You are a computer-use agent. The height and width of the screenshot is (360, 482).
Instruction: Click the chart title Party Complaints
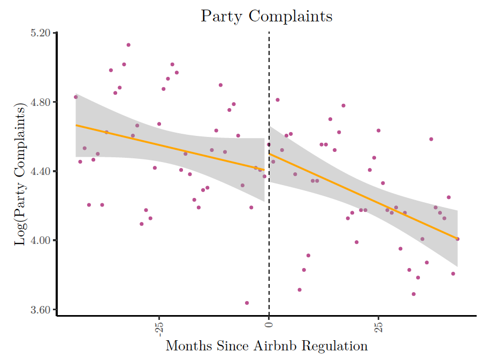[x=266, y=16]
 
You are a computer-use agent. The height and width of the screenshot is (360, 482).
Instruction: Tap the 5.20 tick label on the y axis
[x=41, y=33]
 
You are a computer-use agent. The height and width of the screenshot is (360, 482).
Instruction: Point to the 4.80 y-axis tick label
[x=41, y=102]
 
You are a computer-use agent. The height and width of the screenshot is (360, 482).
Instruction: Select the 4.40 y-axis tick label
[x=41, y=171]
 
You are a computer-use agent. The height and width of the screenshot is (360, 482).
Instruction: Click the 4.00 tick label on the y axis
[x=41, y=240]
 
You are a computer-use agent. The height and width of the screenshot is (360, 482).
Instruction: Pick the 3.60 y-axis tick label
[x=41, y=310]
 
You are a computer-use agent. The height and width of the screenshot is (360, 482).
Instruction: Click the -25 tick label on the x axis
[x=158, y=327]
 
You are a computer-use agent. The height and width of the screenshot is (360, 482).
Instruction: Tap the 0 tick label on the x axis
[x=269, y=324]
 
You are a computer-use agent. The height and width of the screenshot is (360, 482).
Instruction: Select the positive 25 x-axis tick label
[x=378, y=326]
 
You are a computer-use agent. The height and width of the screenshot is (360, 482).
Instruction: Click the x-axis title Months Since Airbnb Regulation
[x=266, y=346]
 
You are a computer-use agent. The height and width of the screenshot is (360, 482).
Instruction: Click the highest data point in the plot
[x=128, y=45]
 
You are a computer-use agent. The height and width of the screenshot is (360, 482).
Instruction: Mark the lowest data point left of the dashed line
[x=247, y=303]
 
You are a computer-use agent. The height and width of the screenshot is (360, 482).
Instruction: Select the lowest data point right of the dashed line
[x=414, y=294]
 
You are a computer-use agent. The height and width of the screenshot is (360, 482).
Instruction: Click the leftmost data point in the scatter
[x=76, y=97]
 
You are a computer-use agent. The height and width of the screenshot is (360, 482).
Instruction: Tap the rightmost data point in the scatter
[x=457, y=239]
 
